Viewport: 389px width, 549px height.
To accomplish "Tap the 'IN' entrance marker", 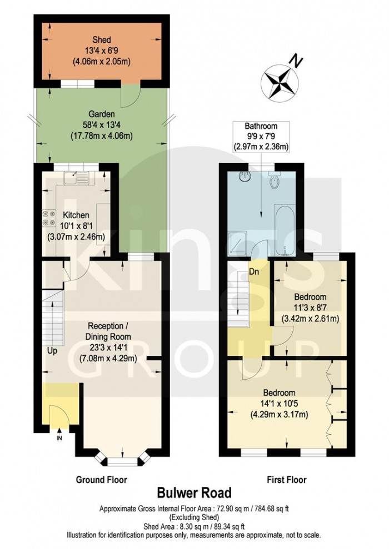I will click(59, 439).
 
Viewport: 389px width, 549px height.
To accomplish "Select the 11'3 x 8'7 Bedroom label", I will click(310, 308).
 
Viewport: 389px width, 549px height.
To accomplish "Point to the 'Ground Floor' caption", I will click(102, 479).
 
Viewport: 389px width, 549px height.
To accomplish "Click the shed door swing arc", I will click(129, 99).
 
